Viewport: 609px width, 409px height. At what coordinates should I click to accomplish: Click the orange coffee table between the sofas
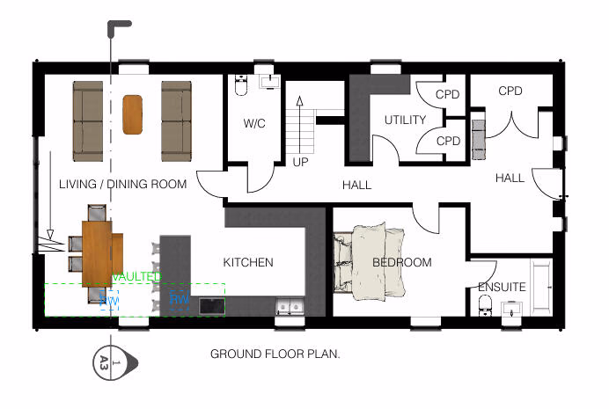[133, 113]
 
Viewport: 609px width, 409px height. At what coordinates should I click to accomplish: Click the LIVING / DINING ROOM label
[122, 185]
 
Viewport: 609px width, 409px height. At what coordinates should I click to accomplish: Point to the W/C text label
[254, 124]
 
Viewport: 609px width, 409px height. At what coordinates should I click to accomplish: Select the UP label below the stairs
[300, 163]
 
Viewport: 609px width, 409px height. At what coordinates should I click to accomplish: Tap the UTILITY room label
[405, 121]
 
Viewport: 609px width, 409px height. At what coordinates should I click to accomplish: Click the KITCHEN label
[247, 262]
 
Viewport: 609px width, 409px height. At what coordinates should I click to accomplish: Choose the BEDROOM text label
[401, 262]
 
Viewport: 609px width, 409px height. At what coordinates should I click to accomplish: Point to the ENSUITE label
[502, 287]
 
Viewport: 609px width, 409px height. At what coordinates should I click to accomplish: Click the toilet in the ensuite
[483, 305]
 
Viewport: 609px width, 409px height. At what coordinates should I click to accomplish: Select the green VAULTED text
[136, 276]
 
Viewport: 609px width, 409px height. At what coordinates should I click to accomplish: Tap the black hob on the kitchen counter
[212, 306]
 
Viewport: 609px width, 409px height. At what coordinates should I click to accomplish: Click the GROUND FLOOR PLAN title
[275, 354]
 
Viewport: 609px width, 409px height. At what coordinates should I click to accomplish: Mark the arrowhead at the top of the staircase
[299, 100]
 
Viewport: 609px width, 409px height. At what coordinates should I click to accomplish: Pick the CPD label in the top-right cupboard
[510, 91]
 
